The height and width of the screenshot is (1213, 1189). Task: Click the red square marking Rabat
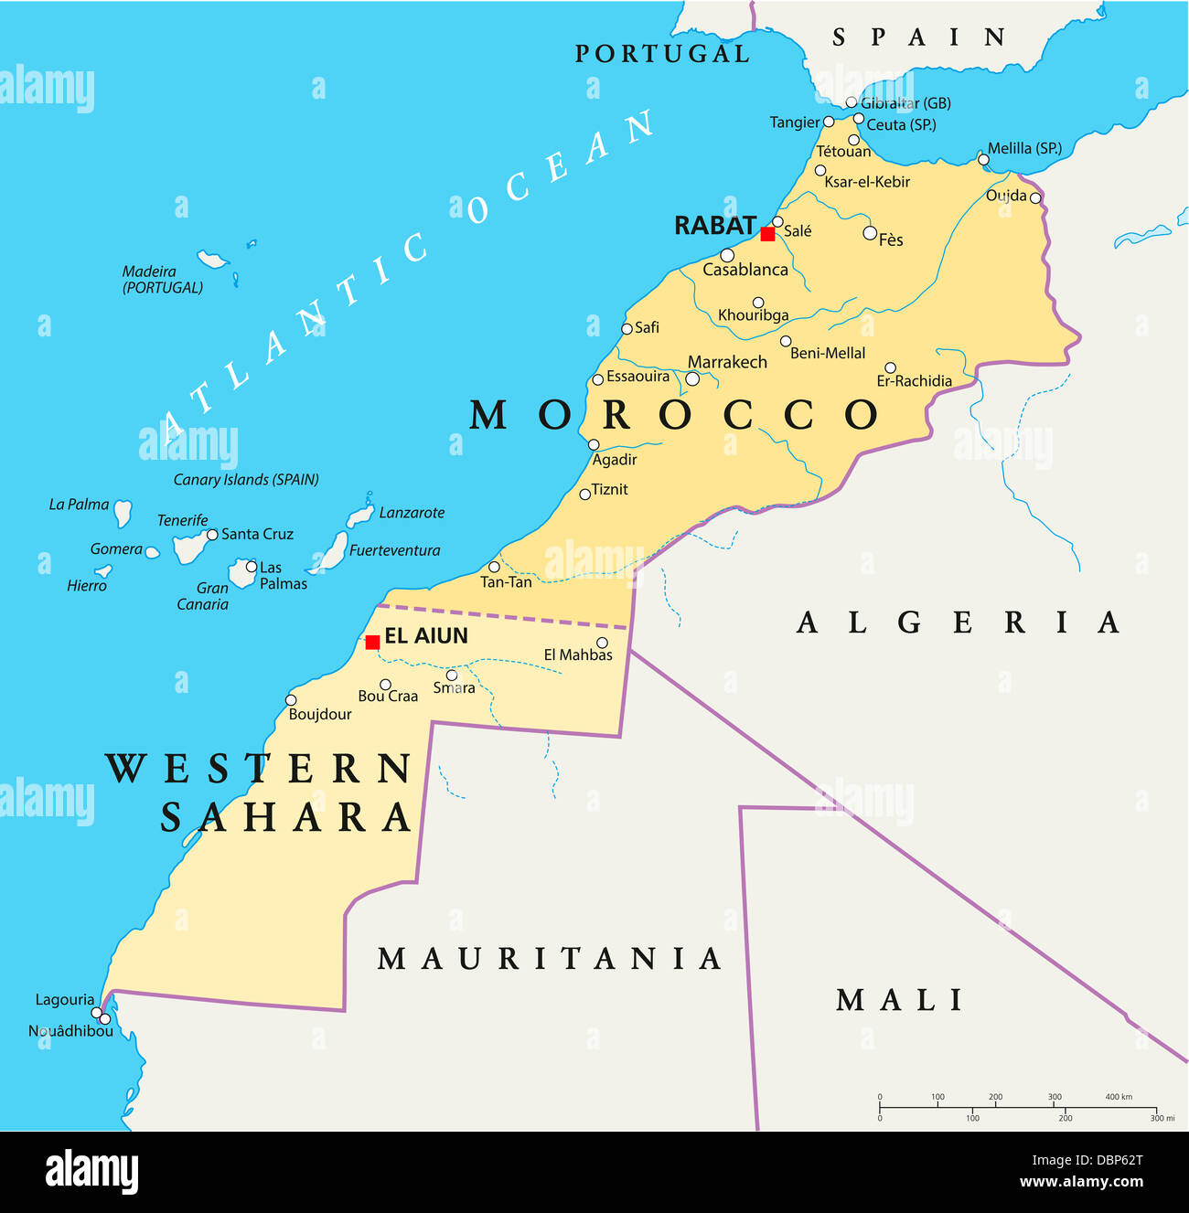point(767,234)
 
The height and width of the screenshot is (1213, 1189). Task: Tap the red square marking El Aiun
point(372,643)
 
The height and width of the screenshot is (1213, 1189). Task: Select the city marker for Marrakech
point(692,378)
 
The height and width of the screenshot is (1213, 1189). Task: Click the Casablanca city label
point(744,270)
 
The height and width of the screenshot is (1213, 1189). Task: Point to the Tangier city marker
point(829,122)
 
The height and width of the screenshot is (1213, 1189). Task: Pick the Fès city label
point(891,240)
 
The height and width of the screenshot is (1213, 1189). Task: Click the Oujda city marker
point(1035,197)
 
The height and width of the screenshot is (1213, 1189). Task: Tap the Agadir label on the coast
point(615,460)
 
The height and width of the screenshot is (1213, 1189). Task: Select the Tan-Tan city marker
point(494,567)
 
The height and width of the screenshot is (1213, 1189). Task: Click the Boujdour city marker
point(291,700)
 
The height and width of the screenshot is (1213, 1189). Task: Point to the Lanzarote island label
point(412,513)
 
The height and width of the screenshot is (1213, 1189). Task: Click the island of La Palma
point(123,513)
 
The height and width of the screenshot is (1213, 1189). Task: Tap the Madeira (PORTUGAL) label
point(163,280)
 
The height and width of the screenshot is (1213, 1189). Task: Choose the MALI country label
point(900,1000)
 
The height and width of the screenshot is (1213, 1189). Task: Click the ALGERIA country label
point(959,622)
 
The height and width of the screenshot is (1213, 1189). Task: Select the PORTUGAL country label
point(662,54)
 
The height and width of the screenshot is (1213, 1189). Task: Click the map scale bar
point(1017,1107)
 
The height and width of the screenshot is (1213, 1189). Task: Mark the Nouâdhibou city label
point(70,1031)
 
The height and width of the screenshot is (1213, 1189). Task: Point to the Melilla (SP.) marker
point(983,159)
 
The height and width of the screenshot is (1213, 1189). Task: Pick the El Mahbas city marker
point(602,643)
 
